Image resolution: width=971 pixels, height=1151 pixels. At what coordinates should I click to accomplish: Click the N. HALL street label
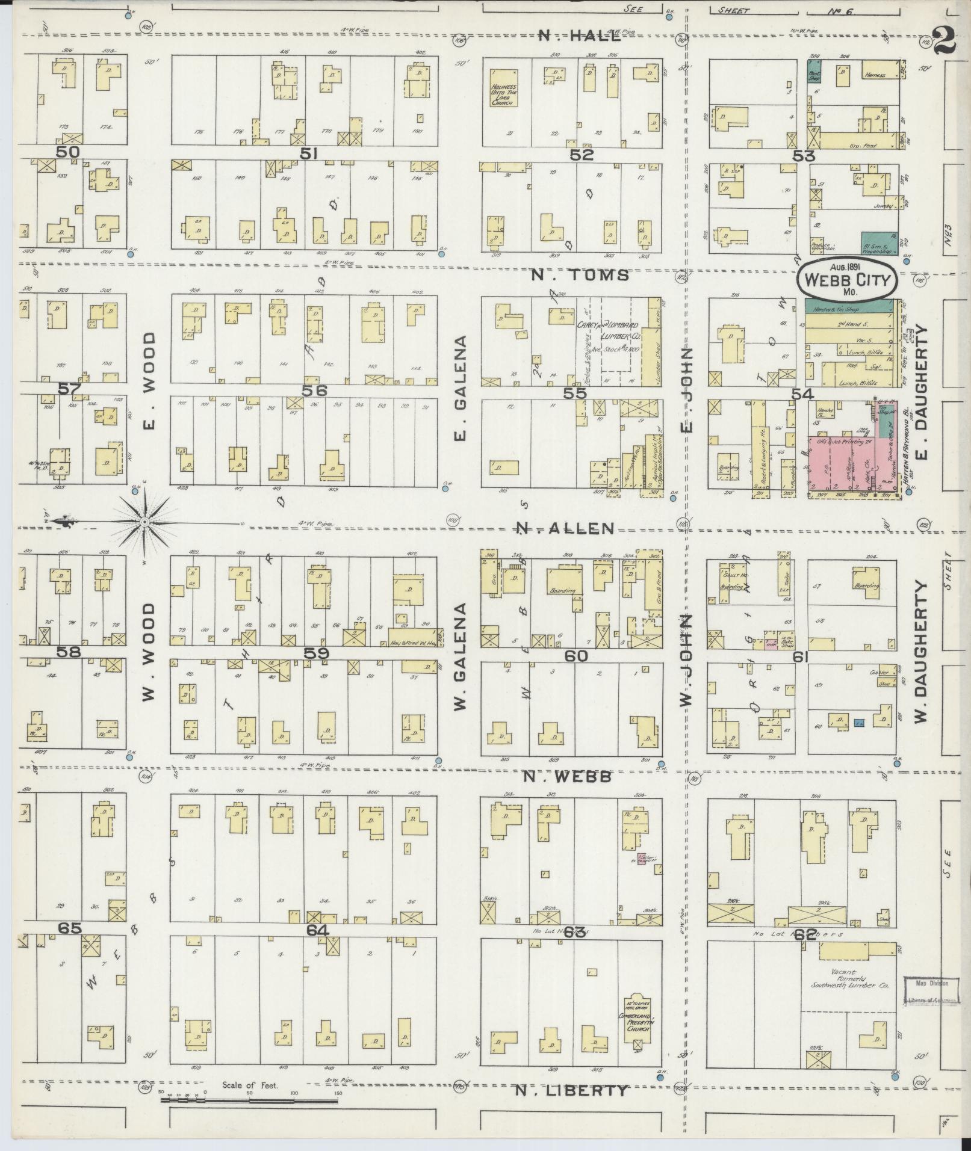[579, 35]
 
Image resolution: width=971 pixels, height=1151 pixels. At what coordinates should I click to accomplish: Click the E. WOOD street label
[150, 382]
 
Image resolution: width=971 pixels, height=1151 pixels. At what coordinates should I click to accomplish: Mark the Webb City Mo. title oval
[846, 281]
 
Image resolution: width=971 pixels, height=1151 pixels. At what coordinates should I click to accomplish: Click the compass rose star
[144, 522]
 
